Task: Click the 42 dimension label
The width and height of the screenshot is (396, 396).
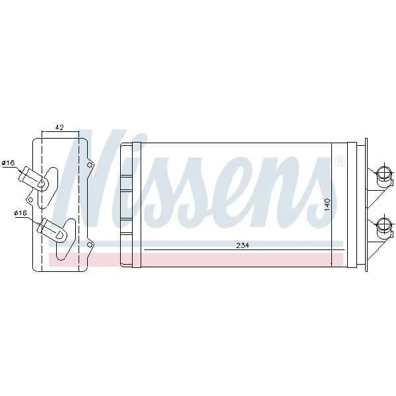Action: click(59, 127)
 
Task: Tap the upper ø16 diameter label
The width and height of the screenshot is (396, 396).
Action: click(8, 163)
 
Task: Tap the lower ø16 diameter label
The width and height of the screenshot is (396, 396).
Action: click(20, 213)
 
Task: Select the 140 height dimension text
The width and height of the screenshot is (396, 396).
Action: click(327, 205)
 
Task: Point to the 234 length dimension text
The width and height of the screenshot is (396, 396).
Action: click(242, 245)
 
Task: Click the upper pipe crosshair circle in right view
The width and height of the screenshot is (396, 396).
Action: click(383, 174)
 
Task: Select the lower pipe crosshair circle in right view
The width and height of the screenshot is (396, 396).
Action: click(383, 223)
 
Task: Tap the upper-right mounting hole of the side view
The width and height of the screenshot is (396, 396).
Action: click(89, 165)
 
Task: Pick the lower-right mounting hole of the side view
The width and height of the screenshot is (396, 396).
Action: click(89, 245)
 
